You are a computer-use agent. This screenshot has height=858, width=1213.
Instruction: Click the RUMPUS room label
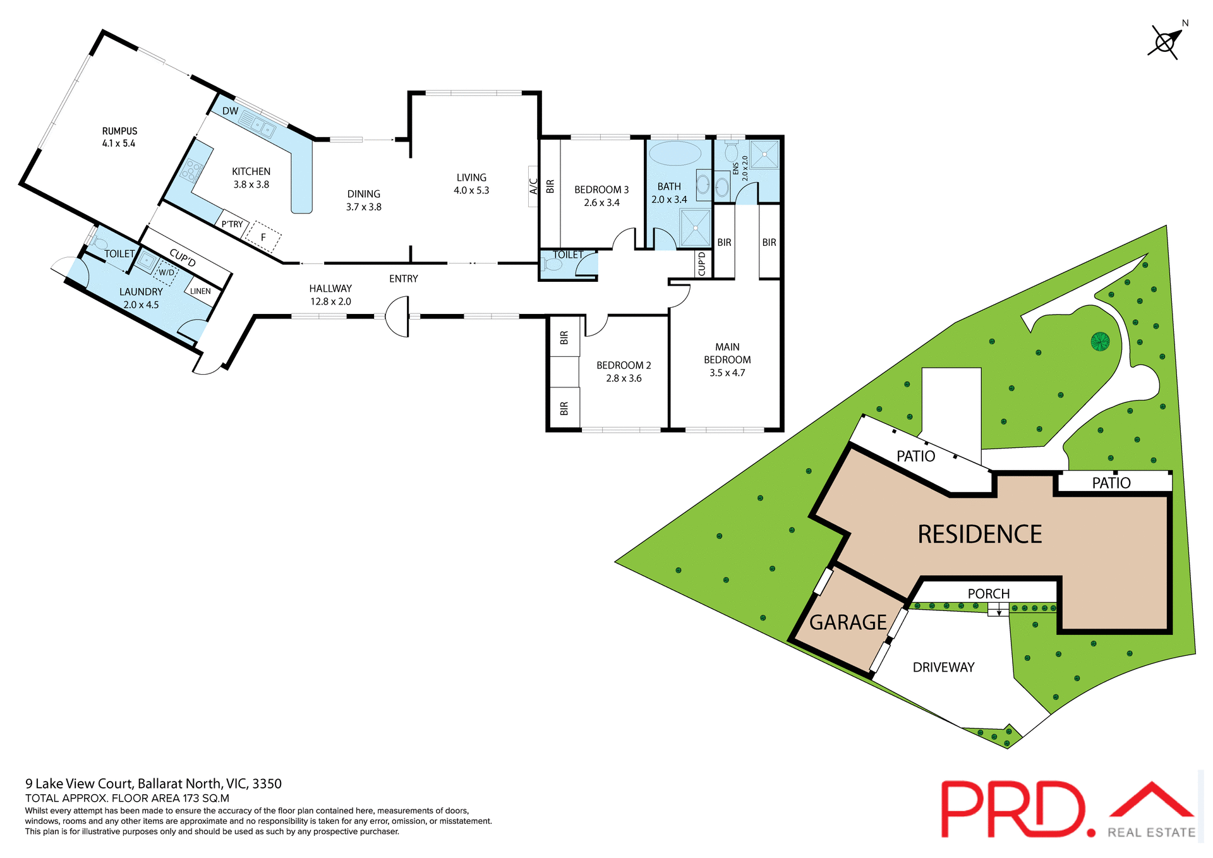click(119, 131)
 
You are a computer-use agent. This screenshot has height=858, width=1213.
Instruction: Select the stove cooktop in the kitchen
click(191, 171)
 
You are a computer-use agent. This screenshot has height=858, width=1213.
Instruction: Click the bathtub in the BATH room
click(675, 154)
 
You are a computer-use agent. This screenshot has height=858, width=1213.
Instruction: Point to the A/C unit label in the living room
click(533, 186)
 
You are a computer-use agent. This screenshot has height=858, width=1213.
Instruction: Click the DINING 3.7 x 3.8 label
click(364, 200)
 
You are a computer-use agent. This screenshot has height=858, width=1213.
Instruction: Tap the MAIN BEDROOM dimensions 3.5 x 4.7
click(727, 373)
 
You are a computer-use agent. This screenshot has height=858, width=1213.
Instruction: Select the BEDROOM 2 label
click(624, 365)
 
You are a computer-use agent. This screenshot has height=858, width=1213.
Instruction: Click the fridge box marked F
click(263, 237)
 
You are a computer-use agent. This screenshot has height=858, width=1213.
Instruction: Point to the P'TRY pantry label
click(232, 224)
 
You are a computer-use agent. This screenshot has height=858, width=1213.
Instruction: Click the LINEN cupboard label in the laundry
click(200, 291)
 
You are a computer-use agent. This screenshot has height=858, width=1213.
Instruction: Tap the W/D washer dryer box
click(166, 272)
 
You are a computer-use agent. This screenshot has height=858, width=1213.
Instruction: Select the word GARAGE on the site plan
click(848, 622)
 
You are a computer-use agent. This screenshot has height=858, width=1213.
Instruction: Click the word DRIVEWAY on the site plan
click(943, 667)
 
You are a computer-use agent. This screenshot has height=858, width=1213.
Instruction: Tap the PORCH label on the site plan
click(989, 593)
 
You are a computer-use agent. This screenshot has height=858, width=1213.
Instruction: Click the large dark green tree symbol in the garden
click(1100, 342)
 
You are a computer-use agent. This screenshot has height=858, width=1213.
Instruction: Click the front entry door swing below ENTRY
click(397, 317)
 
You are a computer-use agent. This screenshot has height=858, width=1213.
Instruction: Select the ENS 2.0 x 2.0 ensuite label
click(740, 169)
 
